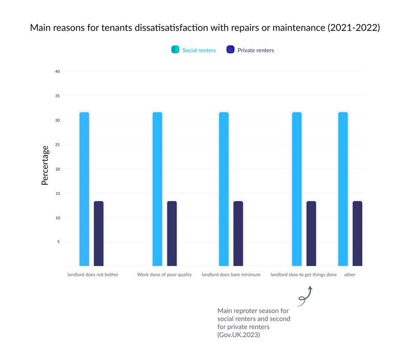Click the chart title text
click(204, 28)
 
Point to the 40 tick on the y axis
click(57, 71)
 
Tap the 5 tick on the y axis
click(58, 242)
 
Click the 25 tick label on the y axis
click(57, 145)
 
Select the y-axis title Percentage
click(45, 165)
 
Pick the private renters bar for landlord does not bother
click(98, 233)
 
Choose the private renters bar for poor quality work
click(172, 233)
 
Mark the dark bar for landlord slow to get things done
click(311, 233)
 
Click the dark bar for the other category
click(357, 233)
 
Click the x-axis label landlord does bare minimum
click(231, 275)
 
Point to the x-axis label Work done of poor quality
click(164, 275)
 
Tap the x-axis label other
click(350, 275)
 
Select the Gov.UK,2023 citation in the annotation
click(239, 335)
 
